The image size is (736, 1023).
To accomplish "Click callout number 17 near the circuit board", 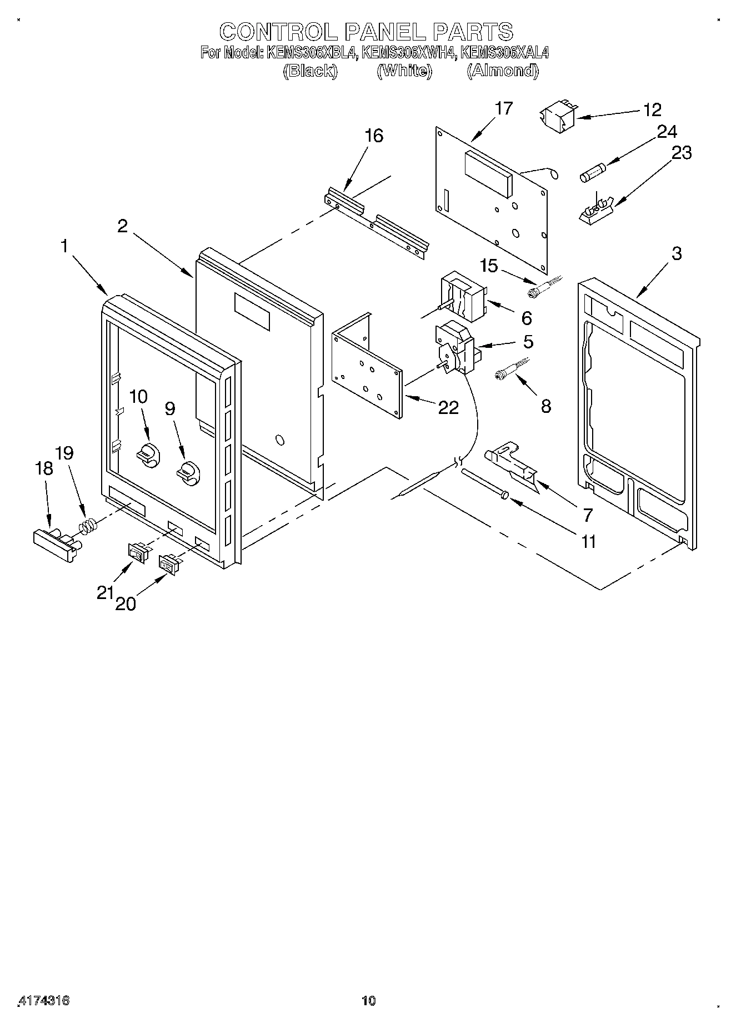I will [x=504, y=108].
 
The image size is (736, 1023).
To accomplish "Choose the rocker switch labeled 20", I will [x=169, y=563].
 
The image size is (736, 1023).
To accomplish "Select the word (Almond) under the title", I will [x=503, y=71].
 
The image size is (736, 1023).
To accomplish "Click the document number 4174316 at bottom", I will [x=44, y=1001].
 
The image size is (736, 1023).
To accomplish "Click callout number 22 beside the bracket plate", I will [x=449, y=408].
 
